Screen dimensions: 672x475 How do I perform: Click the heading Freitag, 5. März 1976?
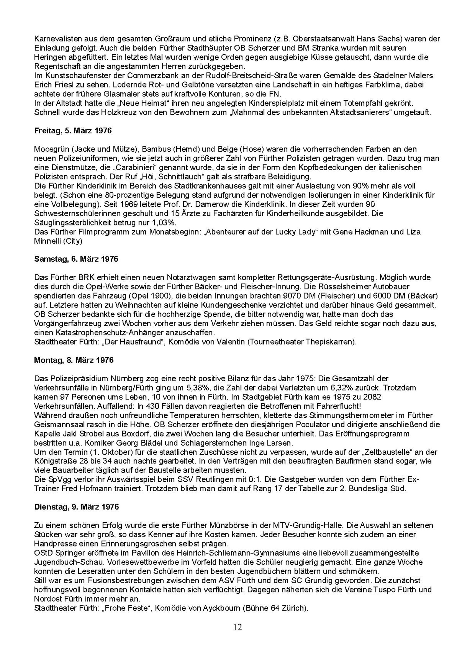point(73,131)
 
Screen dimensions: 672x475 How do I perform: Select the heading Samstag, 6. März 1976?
point(76,259)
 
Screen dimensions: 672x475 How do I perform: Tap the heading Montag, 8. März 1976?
point(74,360)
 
